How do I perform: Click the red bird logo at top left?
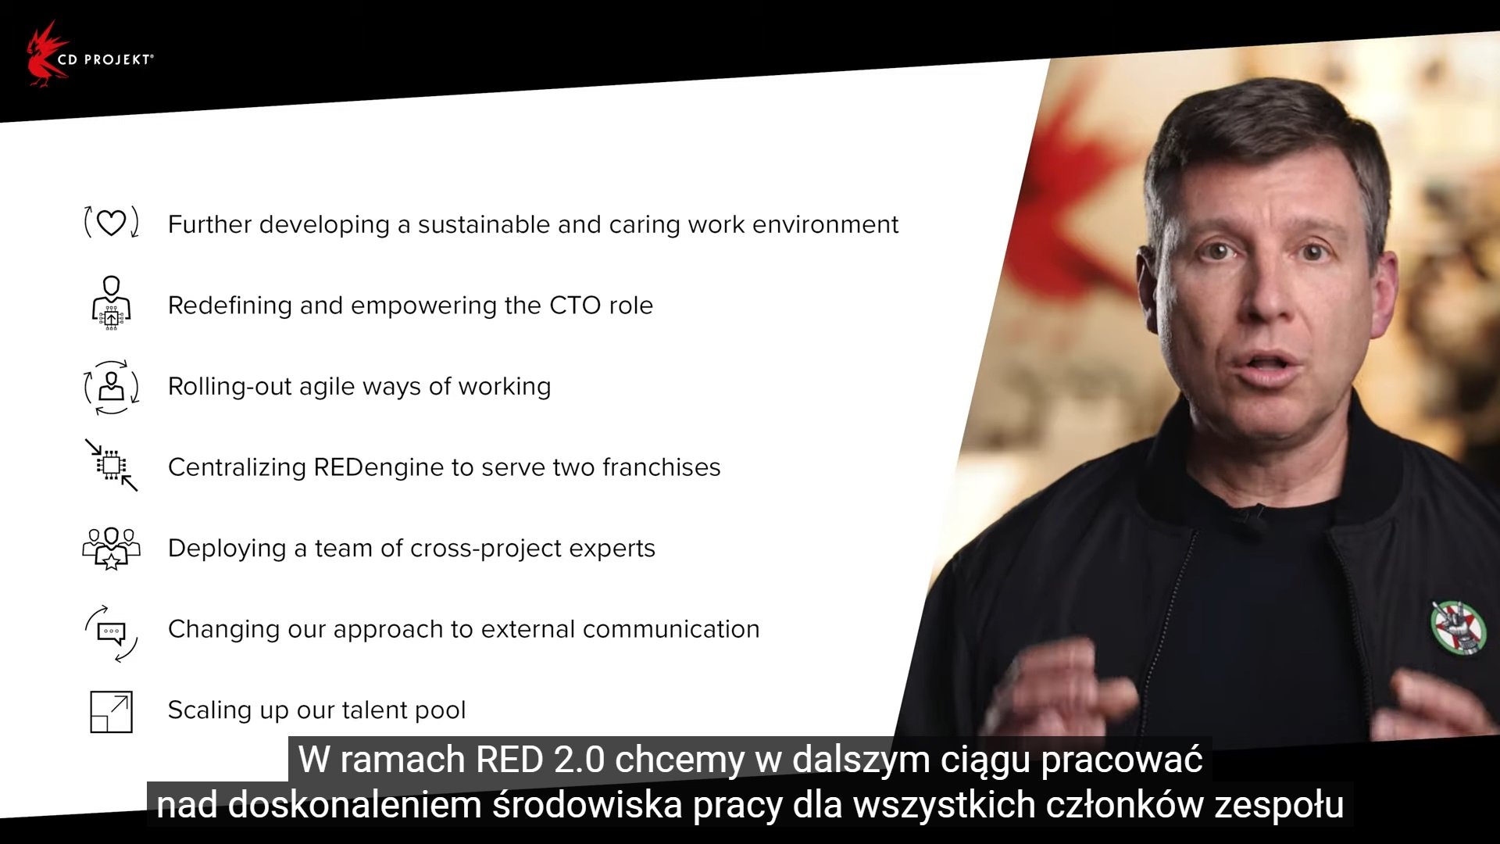44,55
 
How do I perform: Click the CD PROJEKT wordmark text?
105,59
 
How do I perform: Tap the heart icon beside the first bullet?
111,223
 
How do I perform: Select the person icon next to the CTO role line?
112,302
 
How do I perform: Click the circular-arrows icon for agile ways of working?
112,387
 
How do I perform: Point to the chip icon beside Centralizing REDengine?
112,465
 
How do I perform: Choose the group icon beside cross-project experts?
112,548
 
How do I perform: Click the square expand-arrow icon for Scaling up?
112,711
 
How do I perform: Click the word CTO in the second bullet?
575,306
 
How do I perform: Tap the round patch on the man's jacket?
1459,628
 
